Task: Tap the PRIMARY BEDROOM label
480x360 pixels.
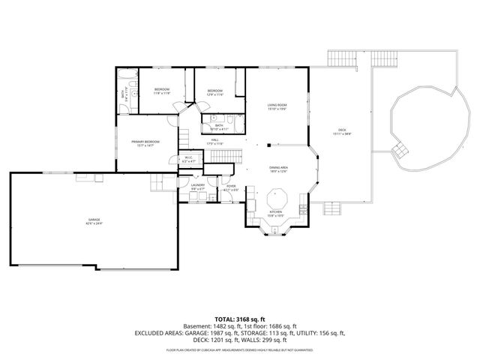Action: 145,142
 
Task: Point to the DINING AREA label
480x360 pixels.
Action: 279,169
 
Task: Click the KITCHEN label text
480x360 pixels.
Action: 275,213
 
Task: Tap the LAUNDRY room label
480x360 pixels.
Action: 197,186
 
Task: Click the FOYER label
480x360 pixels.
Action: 232,186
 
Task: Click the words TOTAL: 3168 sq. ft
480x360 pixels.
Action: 239,318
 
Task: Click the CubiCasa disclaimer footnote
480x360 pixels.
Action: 239,349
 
